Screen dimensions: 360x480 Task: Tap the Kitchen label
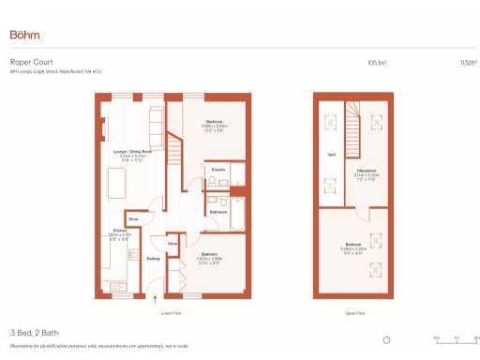click(119, 229)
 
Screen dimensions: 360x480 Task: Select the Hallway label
click(153, 259)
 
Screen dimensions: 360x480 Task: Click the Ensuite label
click(217, 170)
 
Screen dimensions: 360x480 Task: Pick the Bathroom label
click(217, 212)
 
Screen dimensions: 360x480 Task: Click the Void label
click(331, 155)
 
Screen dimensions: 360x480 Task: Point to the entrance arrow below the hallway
click(156, 301)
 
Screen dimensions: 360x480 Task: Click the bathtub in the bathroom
click(236, 214)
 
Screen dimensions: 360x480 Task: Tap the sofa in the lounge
click(156, 122)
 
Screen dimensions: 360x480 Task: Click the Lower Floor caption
click(170, 312)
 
